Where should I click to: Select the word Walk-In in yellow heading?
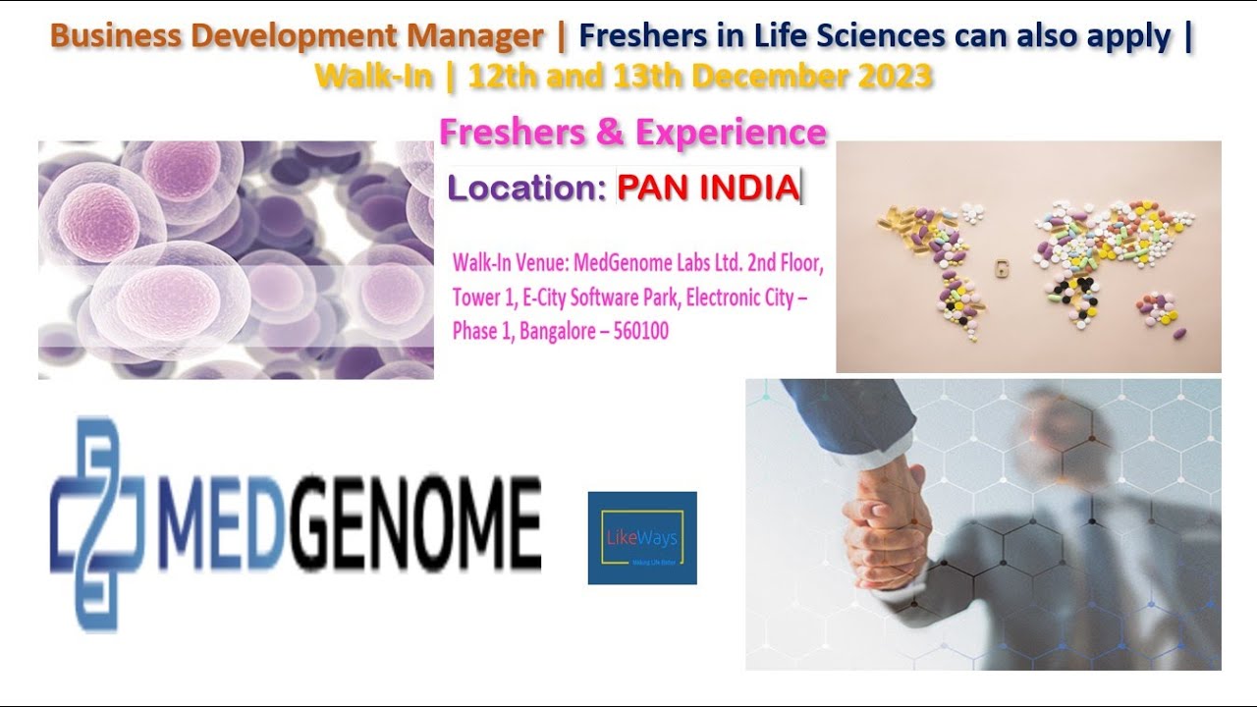click(374, 77)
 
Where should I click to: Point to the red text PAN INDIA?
click(708, 188)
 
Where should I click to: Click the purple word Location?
click(525, 189)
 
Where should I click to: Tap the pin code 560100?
click(640, 332)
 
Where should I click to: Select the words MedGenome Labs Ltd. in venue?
click(661, 264)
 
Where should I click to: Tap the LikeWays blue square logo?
click(642, 538)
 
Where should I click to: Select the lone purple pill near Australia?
click(1179, 334)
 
